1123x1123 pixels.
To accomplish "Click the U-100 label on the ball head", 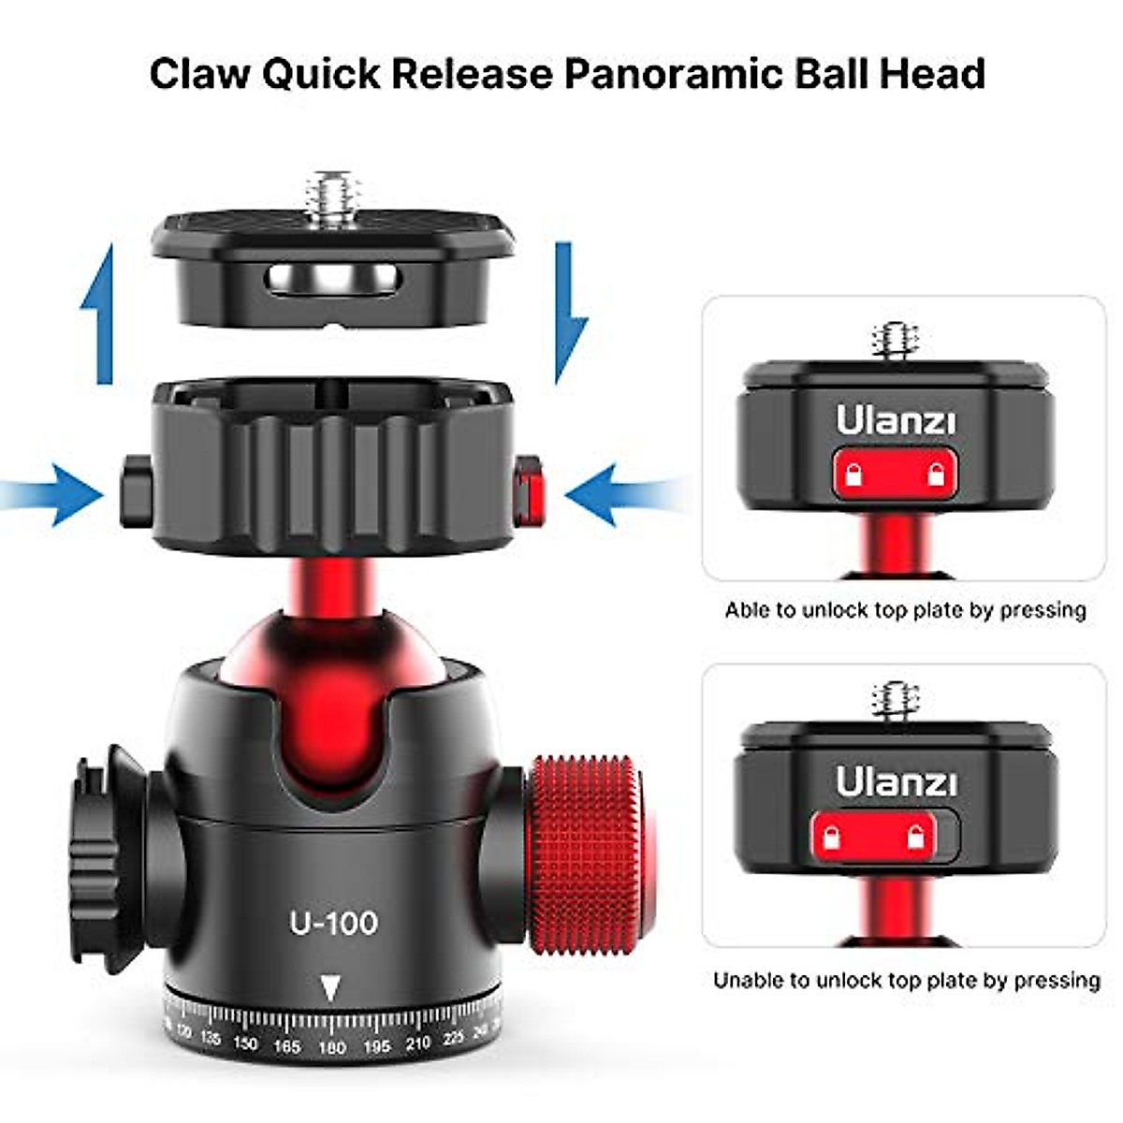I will pyautogui.click(x=334, y=923).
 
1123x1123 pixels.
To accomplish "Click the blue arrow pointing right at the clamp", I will pyautogui.click(x=56, y=493).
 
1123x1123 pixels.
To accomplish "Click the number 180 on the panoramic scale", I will pyautogui.click(x=331, y=1047).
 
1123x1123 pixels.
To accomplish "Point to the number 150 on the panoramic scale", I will pyautogui.click(x=245, y=1043).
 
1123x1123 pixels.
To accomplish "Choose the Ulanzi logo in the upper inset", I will pyautogui.click(x=897, y=421).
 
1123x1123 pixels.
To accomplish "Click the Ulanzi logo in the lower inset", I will pyautogui.click(x=896, y=781).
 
